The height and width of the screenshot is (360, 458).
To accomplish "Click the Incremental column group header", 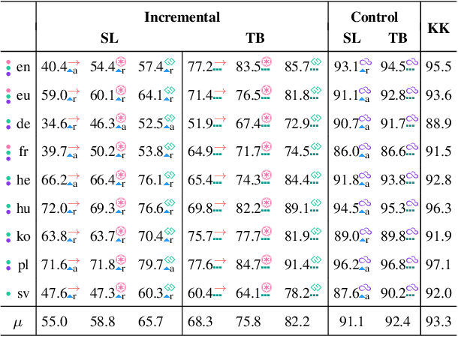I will tap(182, 16).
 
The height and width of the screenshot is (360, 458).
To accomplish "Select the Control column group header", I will tap(374, 16).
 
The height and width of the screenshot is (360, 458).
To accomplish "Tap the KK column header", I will tap(438, 28).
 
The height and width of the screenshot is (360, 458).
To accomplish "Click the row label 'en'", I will tap(24, 67).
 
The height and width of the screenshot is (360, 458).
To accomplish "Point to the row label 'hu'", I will tap(24, 208).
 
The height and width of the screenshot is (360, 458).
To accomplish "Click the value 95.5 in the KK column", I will tap(438, 67).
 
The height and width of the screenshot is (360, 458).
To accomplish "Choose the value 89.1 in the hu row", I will tap(296, 208).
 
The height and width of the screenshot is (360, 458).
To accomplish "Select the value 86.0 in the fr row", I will tap(345, 152).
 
